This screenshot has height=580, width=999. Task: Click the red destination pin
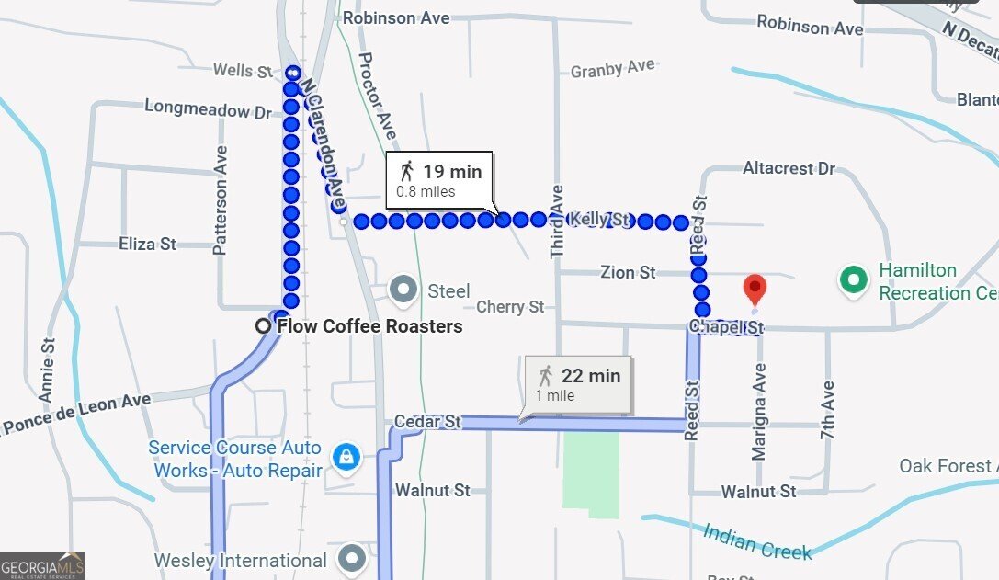tap(755, 290)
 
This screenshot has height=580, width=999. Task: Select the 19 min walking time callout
tap(440, 179)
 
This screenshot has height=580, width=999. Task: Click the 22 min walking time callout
tap(579, 383)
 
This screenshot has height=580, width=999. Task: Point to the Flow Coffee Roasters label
tap(369, 326)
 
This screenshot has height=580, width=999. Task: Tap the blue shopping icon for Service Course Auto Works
tap(345, 458)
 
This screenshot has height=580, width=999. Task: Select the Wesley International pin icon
tap(352, 558)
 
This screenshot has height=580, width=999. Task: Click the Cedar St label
tap(427, 422)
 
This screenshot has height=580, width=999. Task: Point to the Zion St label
tap(629, 272)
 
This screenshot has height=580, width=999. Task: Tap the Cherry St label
tap(510, 307)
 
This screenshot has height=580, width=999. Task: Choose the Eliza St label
tap(147, 245)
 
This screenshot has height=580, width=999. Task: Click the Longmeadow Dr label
tap(209, 109)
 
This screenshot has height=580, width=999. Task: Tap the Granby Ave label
tap(612, 69)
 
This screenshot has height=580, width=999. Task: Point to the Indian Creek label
tap(757, 541)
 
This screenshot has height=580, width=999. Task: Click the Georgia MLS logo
tap(43, 565)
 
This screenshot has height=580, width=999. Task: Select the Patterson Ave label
tap(221, 187)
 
